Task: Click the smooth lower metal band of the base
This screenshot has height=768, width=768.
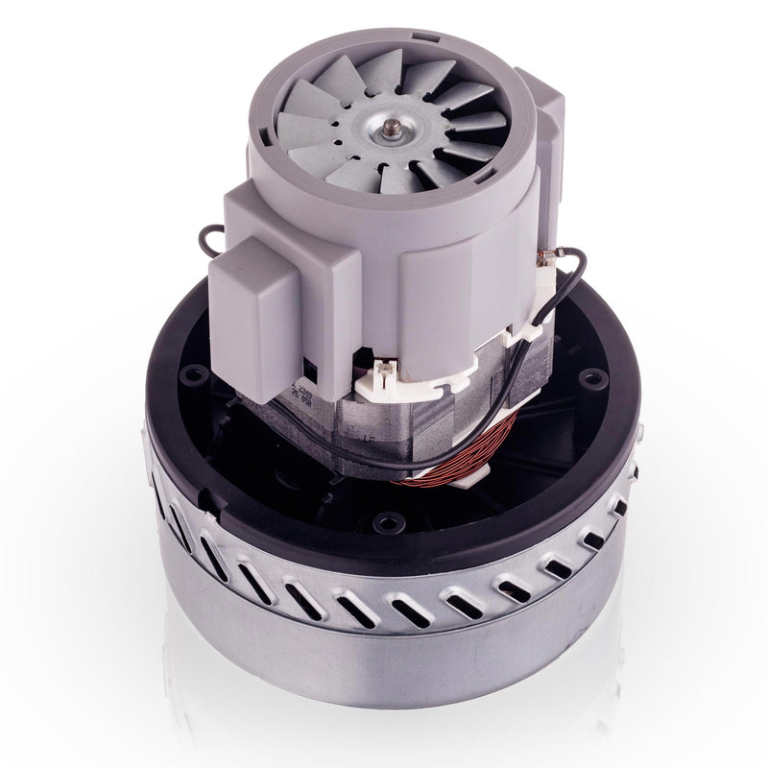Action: click(x=384, y=672)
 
